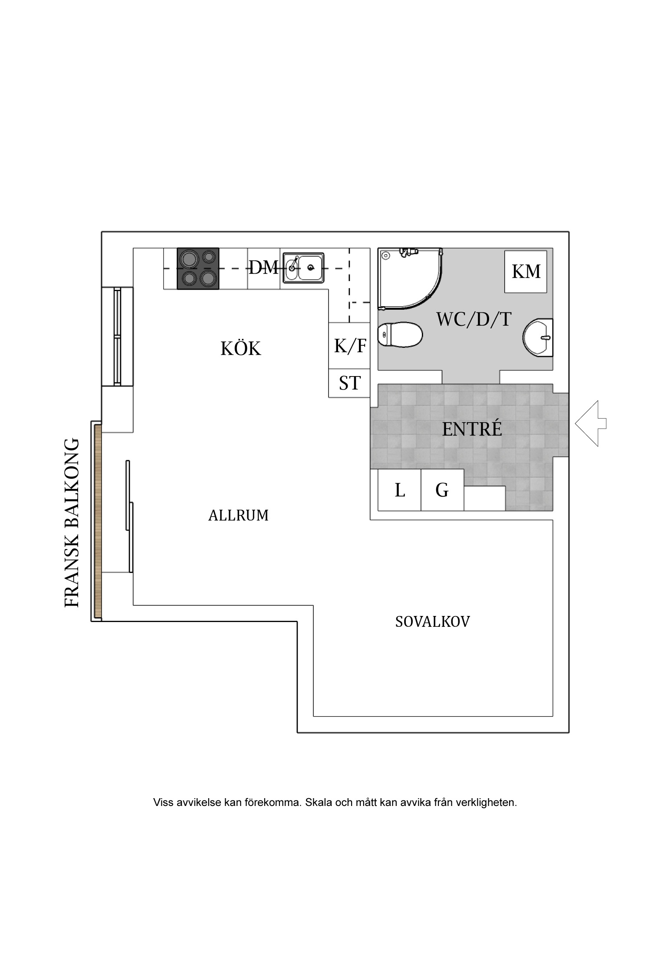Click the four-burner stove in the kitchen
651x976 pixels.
tap(198, 269)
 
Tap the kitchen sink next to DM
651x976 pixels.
tap(304, 268)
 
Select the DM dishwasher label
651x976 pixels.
tap(263, 268)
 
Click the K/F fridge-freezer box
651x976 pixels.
tap(349, 346)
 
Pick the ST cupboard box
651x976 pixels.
tap(349, 383)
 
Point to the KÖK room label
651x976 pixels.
tap(241, 349)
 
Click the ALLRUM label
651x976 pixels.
tap(238, 515)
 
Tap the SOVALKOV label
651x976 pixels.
tap(432, 622)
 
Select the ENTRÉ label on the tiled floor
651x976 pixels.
tap(472, 429)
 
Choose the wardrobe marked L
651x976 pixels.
tap(400, 490)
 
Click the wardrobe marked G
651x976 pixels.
tap(442, 490)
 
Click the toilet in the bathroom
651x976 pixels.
tap(400, 334)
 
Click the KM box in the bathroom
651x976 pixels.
tap(526, 272)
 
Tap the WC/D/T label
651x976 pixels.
tap(473, 320)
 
